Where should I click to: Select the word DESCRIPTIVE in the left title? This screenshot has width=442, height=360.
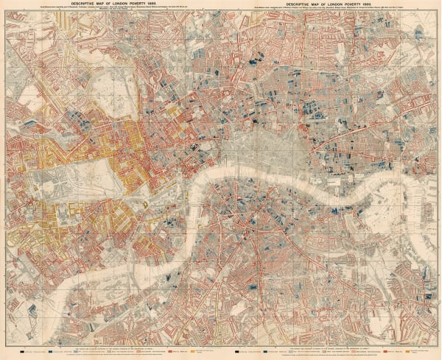(85, 4)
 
